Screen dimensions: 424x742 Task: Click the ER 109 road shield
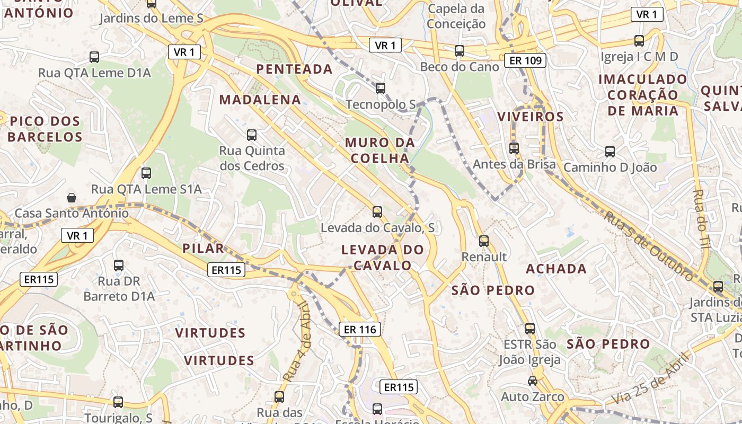pos(525,60)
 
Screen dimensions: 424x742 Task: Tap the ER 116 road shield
pos(360,330)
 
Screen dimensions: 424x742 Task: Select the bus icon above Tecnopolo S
pos(380,88)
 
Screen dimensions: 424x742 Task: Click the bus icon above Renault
pos(484,241)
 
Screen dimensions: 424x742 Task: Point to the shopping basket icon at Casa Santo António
pos(72,198)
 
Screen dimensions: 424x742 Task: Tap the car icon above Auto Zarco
pos(532,381)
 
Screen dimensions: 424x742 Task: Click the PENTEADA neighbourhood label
pos(294,69)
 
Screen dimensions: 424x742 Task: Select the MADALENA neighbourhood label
pos(260,100)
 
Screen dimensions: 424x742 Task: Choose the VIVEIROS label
pos(530,117)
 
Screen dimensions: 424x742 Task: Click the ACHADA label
pos(556,269)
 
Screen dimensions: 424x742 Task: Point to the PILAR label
pos(203,248)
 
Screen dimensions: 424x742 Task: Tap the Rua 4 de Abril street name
pos(297,342)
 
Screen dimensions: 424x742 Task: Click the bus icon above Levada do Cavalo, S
pos(377,212)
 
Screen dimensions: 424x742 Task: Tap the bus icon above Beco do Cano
pos(459,51)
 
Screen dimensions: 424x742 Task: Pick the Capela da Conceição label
pos(456,16)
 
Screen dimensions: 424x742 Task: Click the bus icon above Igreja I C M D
pos(639,40)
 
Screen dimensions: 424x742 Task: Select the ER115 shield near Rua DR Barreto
pos(39,279)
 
